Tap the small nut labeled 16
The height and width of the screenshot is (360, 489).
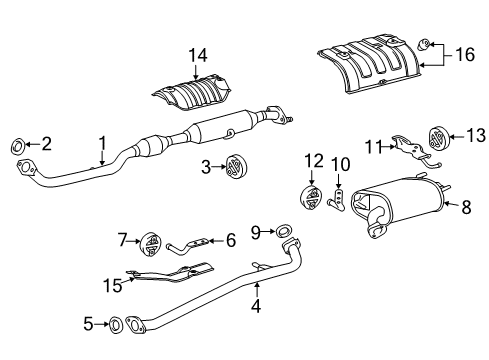coord(424,43)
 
